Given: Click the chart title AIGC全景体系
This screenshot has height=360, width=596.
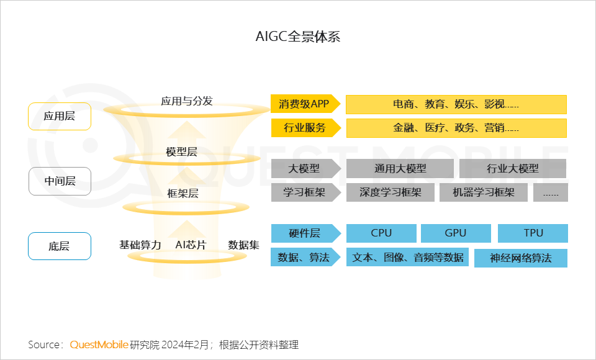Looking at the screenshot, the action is pyautogui.click(x=297, y=37).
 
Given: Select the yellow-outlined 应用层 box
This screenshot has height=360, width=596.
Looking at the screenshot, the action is pyautogui.click(x=60, y=116).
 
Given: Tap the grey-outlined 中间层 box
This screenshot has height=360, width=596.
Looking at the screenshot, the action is pyautogui.click(x=60, y=181).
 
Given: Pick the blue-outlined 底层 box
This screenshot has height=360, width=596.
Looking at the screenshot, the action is pyautogui.click(x=60, y=246).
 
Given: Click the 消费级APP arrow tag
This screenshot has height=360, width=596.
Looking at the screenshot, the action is pyautogui.click(x=305, y=104).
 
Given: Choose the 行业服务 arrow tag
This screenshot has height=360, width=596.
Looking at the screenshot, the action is pyautogui.click(x=305, y=128).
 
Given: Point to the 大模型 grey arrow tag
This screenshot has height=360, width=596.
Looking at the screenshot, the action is pyautogui.click(x=305, y=168).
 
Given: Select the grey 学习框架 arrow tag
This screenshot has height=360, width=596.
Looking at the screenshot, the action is pyautogui.click(x=305, y=192).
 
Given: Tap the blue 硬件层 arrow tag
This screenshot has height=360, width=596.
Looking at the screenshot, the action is pyautogui.click(x=305, y=233).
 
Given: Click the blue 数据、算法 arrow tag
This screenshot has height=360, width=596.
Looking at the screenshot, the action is pyautogui.click(x=305, y=257).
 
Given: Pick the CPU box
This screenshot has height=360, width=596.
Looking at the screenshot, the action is pyautogui.click(x=381, y=233).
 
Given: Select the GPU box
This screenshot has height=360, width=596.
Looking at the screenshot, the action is pyautogui.click(x=456, y=233).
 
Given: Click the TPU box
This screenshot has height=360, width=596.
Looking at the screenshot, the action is pyautogui.click(x=533, y=233).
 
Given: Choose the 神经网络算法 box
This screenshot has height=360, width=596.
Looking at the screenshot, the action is pyautogui.click(x=521, y=258).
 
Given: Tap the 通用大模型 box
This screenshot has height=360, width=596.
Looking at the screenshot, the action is pyautogui.click(x=400, y=168).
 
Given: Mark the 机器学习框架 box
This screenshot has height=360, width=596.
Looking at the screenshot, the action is pyautogui.click(x=484, y=192).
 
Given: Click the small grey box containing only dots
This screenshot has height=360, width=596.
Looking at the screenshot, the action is pyautogui.click(x=551, y=192).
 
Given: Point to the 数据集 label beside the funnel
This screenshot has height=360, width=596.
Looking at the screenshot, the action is pyautogui.click(x=243, y=245).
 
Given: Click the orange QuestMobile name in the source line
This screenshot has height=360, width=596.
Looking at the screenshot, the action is pyautogui.click(x=99, y=345).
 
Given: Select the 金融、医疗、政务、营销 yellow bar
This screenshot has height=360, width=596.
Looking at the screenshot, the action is pyautogui.click(x=456, y=128).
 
